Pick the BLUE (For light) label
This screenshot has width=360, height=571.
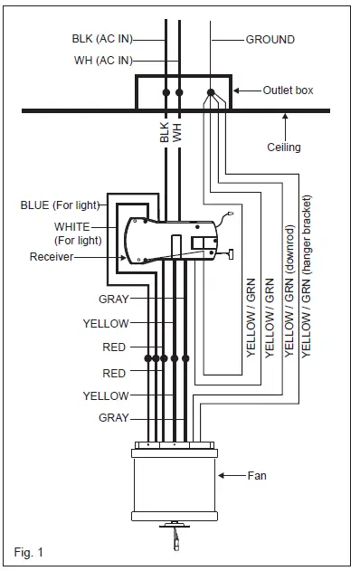(x=60, y=205)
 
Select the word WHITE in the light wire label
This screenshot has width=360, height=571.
(x=71, y=225)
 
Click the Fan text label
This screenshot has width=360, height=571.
(x=258, y=474)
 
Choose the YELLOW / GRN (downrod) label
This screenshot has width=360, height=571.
(x=289, y=290)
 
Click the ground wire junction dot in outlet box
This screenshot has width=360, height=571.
(x=211, y=92)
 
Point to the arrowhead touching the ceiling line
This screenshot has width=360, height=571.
(x=285, y=113)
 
